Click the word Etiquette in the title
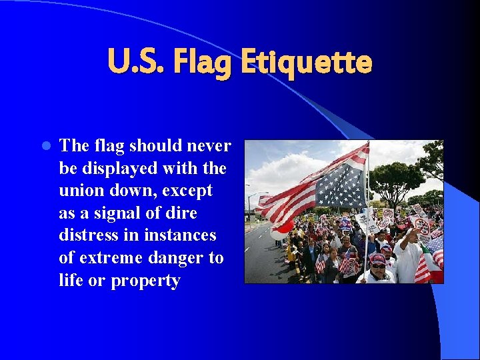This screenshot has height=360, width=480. pyautogui.click(x=306, y=63)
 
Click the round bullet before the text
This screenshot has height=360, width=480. pyautogui.click(x=46, y=146)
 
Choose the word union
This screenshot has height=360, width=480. pyautogui.click(x=81, y=191)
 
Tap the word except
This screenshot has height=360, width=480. pyautogui.click(x=185, y=191)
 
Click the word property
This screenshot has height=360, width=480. pyautogui.click(x=145, y=281)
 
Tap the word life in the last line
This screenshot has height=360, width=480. pyautogui.click(x=70, y=281)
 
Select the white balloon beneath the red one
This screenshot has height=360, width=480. pyautogui.click(x=278, y=235)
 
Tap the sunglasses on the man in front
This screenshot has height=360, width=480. pyautogui.click(x=378, y=265)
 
